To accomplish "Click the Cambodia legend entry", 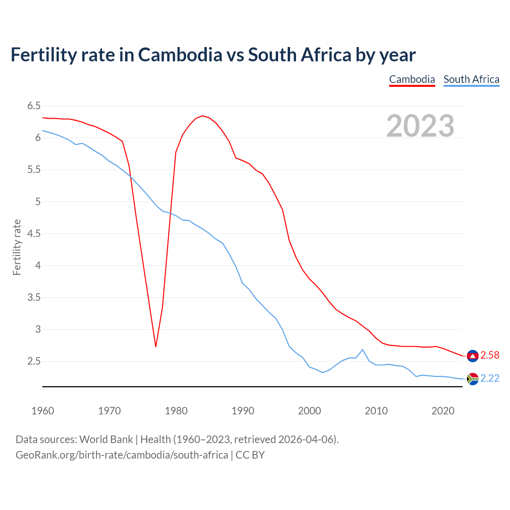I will click(x=412, y=79).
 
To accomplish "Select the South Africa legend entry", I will click(x=471, y=79).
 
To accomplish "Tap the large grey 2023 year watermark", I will click(x=420, y=126).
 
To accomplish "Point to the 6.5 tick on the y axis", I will click(x=34, y=106).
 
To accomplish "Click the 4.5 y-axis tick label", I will click(x=34, y=234).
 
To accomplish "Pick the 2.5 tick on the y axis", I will click(x=34, y=361).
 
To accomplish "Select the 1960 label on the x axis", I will click(x=43, y=411).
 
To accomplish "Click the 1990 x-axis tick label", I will click(x=243, y=411).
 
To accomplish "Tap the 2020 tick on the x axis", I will click(x=443, y=411).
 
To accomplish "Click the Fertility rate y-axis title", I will click(x=17, y=247).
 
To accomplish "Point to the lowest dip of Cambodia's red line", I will click(x=156, y=346).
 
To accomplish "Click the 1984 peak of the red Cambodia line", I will click(x=202, y=116).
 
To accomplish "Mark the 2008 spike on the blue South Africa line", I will click(x=362, y=350).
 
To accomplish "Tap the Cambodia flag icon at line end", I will click(x=473, y=356).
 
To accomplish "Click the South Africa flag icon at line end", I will click(x=473, y=379).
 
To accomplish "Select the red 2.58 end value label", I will click(x=490, y=355).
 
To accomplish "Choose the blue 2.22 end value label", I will click(x=490, y=379).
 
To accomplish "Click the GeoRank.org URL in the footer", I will click(x=122, y=455).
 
